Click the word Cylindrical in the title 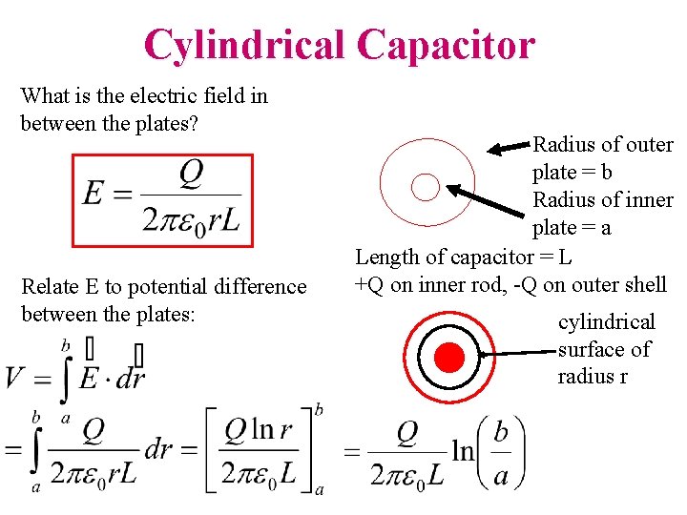244,44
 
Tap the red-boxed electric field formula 163,200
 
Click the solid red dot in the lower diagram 449,358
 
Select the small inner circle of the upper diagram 424,187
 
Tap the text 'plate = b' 572,173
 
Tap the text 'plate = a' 572,228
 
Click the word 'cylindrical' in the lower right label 607,322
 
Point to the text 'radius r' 593,376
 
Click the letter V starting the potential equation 16,378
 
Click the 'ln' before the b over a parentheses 464,450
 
